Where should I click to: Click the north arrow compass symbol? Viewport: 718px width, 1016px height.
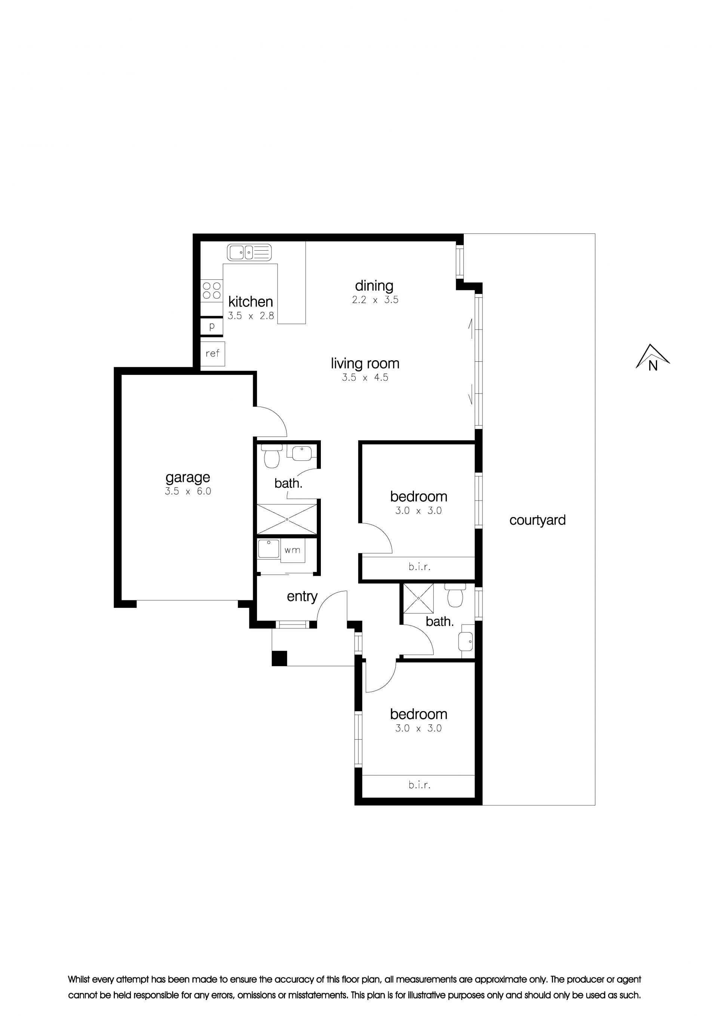[653, 358]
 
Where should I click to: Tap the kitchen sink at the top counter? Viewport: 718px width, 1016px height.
[249, 252]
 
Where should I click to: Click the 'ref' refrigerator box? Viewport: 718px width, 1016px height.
[212, 354]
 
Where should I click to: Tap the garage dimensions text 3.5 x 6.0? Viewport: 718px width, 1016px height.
[188, 491]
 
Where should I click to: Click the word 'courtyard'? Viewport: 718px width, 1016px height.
[537, 520]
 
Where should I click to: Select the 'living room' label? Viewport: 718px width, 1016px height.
[365, 364]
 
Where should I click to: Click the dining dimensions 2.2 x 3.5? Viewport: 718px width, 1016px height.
[375, 300]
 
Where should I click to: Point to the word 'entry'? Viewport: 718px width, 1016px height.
[302, 597]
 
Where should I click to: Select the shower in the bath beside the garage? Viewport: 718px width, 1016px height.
[287, 519]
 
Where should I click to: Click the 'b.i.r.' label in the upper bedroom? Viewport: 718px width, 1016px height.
[419, 566]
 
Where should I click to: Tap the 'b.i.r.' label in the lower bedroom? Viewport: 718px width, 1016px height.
[419, 785]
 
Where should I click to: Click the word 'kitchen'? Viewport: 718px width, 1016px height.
[251, 302]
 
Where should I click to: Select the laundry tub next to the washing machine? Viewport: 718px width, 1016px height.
[269, 549]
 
